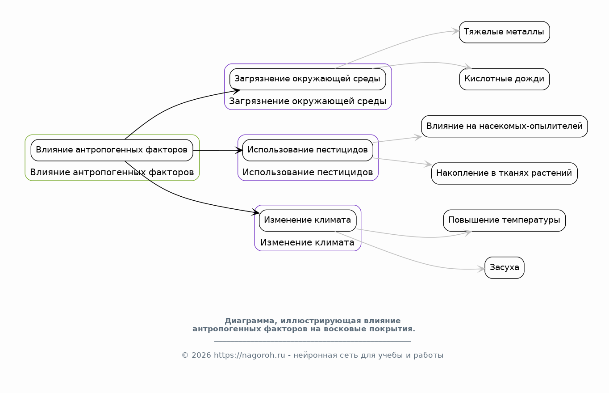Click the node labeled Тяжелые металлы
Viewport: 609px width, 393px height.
[505, 32]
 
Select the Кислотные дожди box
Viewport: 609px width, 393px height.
[505, 79]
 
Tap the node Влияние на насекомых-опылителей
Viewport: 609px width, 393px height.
[505, 126]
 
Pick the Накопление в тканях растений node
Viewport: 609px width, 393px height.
[505, 173]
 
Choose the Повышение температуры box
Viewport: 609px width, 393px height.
[505, 220]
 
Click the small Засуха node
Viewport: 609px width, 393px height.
[505, 267]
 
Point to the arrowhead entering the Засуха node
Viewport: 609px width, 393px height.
[481, 269]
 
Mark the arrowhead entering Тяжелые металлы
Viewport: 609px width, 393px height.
[456, 31]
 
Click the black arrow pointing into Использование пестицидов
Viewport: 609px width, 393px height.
[217, 150]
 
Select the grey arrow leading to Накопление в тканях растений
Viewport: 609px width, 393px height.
[402, 161]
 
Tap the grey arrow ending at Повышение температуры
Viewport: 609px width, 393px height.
[413, 236]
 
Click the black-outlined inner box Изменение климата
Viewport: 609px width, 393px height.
[308, 220]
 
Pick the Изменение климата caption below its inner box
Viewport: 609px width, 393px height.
[307, 242]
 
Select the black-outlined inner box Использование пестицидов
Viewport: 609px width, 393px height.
[308, 150]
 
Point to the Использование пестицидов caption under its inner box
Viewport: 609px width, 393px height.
[308, 172]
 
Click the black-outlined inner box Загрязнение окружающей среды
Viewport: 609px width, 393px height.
[308, 79]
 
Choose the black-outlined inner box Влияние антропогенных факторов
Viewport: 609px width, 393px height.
[112, 150]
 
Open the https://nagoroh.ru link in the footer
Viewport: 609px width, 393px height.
[250, 355]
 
